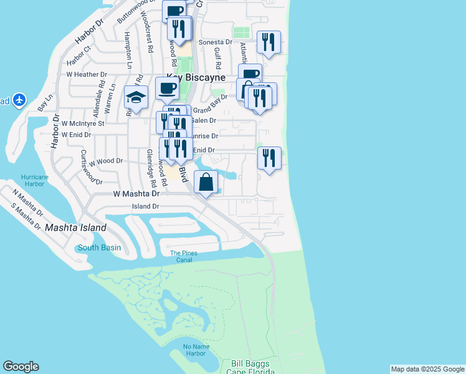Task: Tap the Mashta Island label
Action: pos(75,228)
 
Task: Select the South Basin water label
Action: pos(99,247)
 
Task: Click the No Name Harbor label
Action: pos(195,350)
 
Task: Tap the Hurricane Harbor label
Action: pos(34,180)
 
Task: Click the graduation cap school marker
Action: pos(136,97)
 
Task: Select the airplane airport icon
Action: pos(19,100)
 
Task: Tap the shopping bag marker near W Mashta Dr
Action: pos(206,182)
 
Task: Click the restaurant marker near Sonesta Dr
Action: pos(269,42)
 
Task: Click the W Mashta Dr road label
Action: pos(136,194)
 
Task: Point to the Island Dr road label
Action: pos(145,206)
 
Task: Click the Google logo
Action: pos(21,367)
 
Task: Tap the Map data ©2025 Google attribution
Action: pos(427,369)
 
